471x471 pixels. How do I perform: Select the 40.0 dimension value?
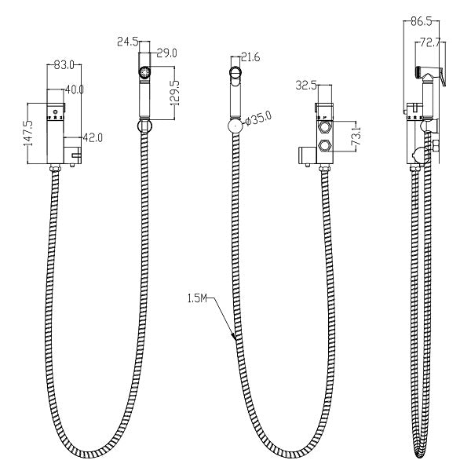pos(74,90)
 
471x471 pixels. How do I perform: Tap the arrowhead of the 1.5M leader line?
pos(233,338)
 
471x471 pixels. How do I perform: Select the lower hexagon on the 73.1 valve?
pos(323,145)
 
